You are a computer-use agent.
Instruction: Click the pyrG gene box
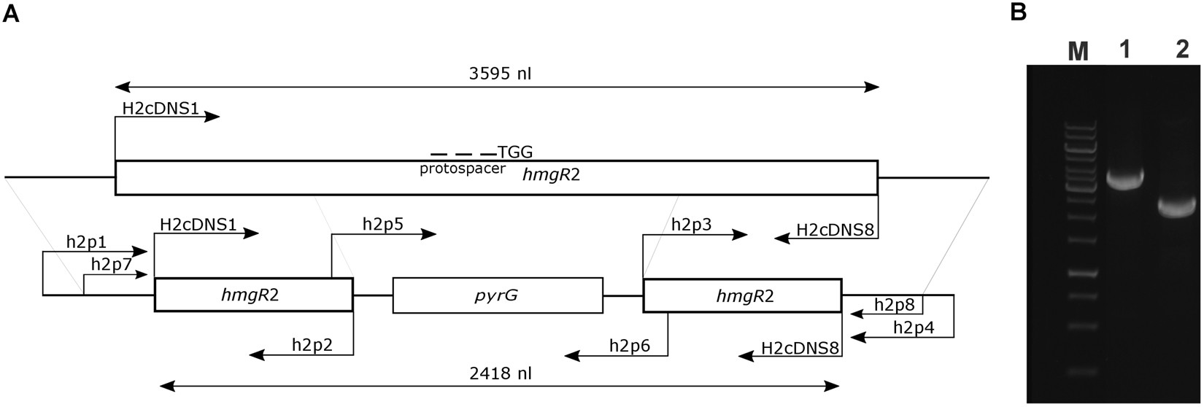(498, 295)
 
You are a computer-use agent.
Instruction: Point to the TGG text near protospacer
(515, 152)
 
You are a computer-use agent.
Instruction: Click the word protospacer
(463, 169)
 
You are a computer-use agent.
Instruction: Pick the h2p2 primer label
(312, 344)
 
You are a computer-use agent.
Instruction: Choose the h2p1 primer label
(85, 241)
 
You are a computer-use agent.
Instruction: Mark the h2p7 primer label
(111, 264)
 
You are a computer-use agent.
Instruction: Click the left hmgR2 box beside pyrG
(253, 295)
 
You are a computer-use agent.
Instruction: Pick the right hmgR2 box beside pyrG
(741, 295)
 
